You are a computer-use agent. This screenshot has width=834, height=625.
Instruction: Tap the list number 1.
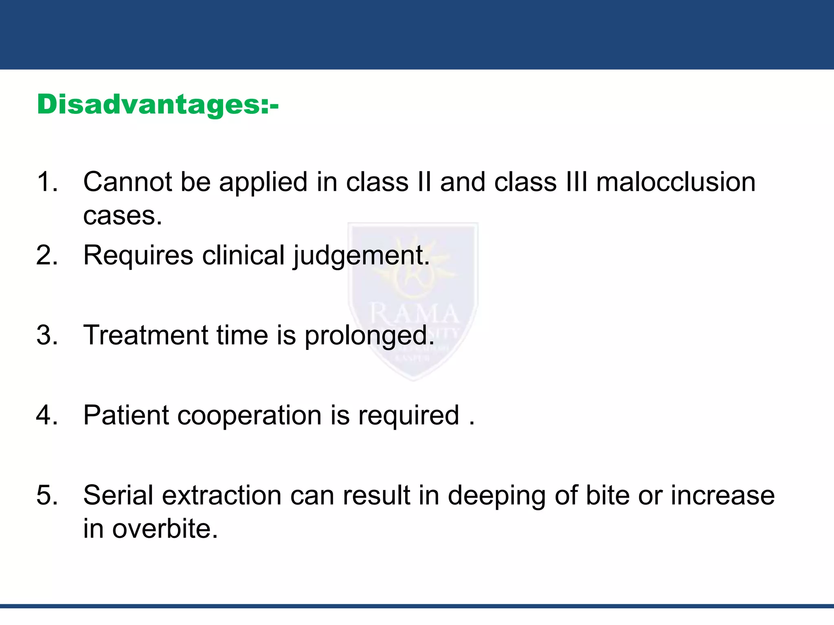(46, 181)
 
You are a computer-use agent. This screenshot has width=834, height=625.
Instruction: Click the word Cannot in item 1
(128, 181)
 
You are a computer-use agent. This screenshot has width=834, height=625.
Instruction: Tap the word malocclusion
(676, 181)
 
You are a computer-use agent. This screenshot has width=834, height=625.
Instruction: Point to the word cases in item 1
(122, 216)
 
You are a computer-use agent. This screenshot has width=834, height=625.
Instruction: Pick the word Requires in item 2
(138, 256)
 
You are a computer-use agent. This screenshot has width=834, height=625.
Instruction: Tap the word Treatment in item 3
(145, 335)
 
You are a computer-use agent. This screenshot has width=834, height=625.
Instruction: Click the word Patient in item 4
(126, 415)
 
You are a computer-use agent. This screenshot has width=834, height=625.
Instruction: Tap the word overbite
(165, 529)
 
